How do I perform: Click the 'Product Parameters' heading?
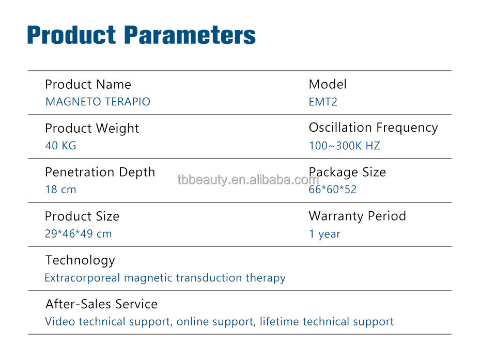(142, 35)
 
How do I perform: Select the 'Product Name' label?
(88, 85)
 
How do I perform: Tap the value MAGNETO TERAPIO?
(98, 102)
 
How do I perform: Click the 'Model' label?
(328, 84)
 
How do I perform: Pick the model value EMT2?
(323, 102)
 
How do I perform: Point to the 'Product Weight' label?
(92, 129)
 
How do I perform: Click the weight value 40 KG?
(61, 146)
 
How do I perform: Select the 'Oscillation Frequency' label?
(373, 128)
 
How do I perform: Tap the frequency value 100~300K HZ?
(345, 146)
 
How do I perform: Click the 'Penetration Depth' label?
(100, 173)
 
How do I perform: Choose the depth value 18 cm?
(61, 190)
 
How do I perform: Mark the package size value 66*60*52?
(332, 190)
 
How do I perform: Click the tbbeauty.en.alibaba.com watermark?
(248, 180)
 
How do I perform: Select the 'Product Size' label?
(82, 216)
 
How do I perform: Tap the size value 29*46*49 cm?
(79, 233)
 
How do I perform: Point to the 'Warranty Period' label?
(358, 216)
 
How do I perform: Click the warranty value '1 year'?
(325, 234)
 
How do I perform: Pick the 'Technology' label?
(81, 260)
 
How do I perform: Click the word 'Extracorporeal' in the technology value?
(82, 278)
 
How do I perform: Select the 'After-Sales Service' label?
(102, 304)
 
